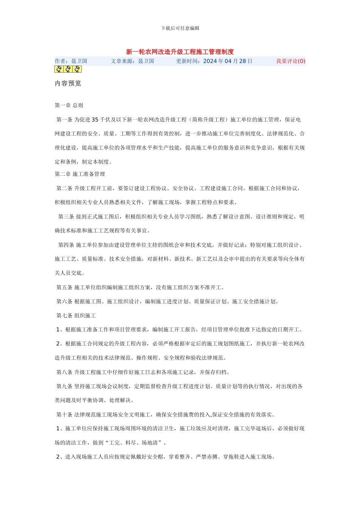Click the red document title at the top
[x=180, y=52]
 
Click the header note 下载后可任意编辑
[x=180, y=28]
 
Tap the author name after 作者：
[x=79, y=61]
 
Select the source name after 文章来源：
[x=146, y=61]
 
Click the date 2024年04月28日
[x=228, y=61]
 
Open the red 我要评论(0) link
[x=291, y=61]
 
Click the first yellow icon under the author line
[x=59, y=69]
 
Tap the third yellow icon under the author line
[x=77, y=69]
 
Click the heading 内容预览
[x=68, y=83]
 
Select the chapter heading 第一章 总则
[x=69, y=105]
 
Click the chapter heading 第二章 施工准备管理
[x=80, y=174]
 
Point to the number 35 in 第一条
[x=95, y=120]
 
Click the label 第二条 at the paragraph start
[x=64, y=188]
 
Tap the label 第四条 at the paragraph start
[x=66, y=245]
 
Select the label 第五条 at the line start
[x=64, y=287]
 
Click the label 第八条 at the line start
[x=64, y=372]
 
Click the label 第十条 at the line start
[x=64, y=415]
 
